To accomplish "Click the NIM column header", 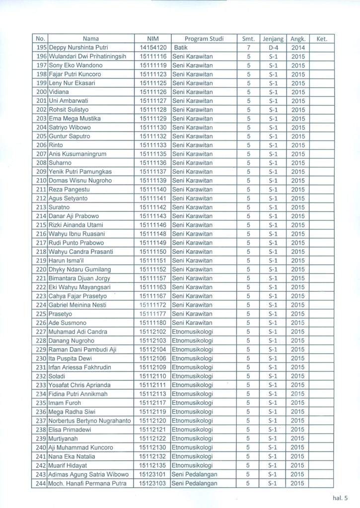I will [x=152, y=39].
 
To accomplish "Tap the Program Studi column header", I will [x=204, y=39].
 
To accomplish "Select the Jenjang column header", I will [x=273, y=39].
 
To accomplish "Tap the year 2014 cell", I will [x=298, y=48].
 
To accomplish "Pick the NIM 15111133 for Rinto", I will [x=152, y=145].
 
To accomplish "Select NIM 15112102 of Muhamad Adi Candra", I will [x=152, y=331].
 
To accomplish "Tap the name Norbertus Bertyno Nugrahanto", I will [x=90, y=420].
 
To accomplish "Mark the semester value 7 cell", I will [x=248, y=48].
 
